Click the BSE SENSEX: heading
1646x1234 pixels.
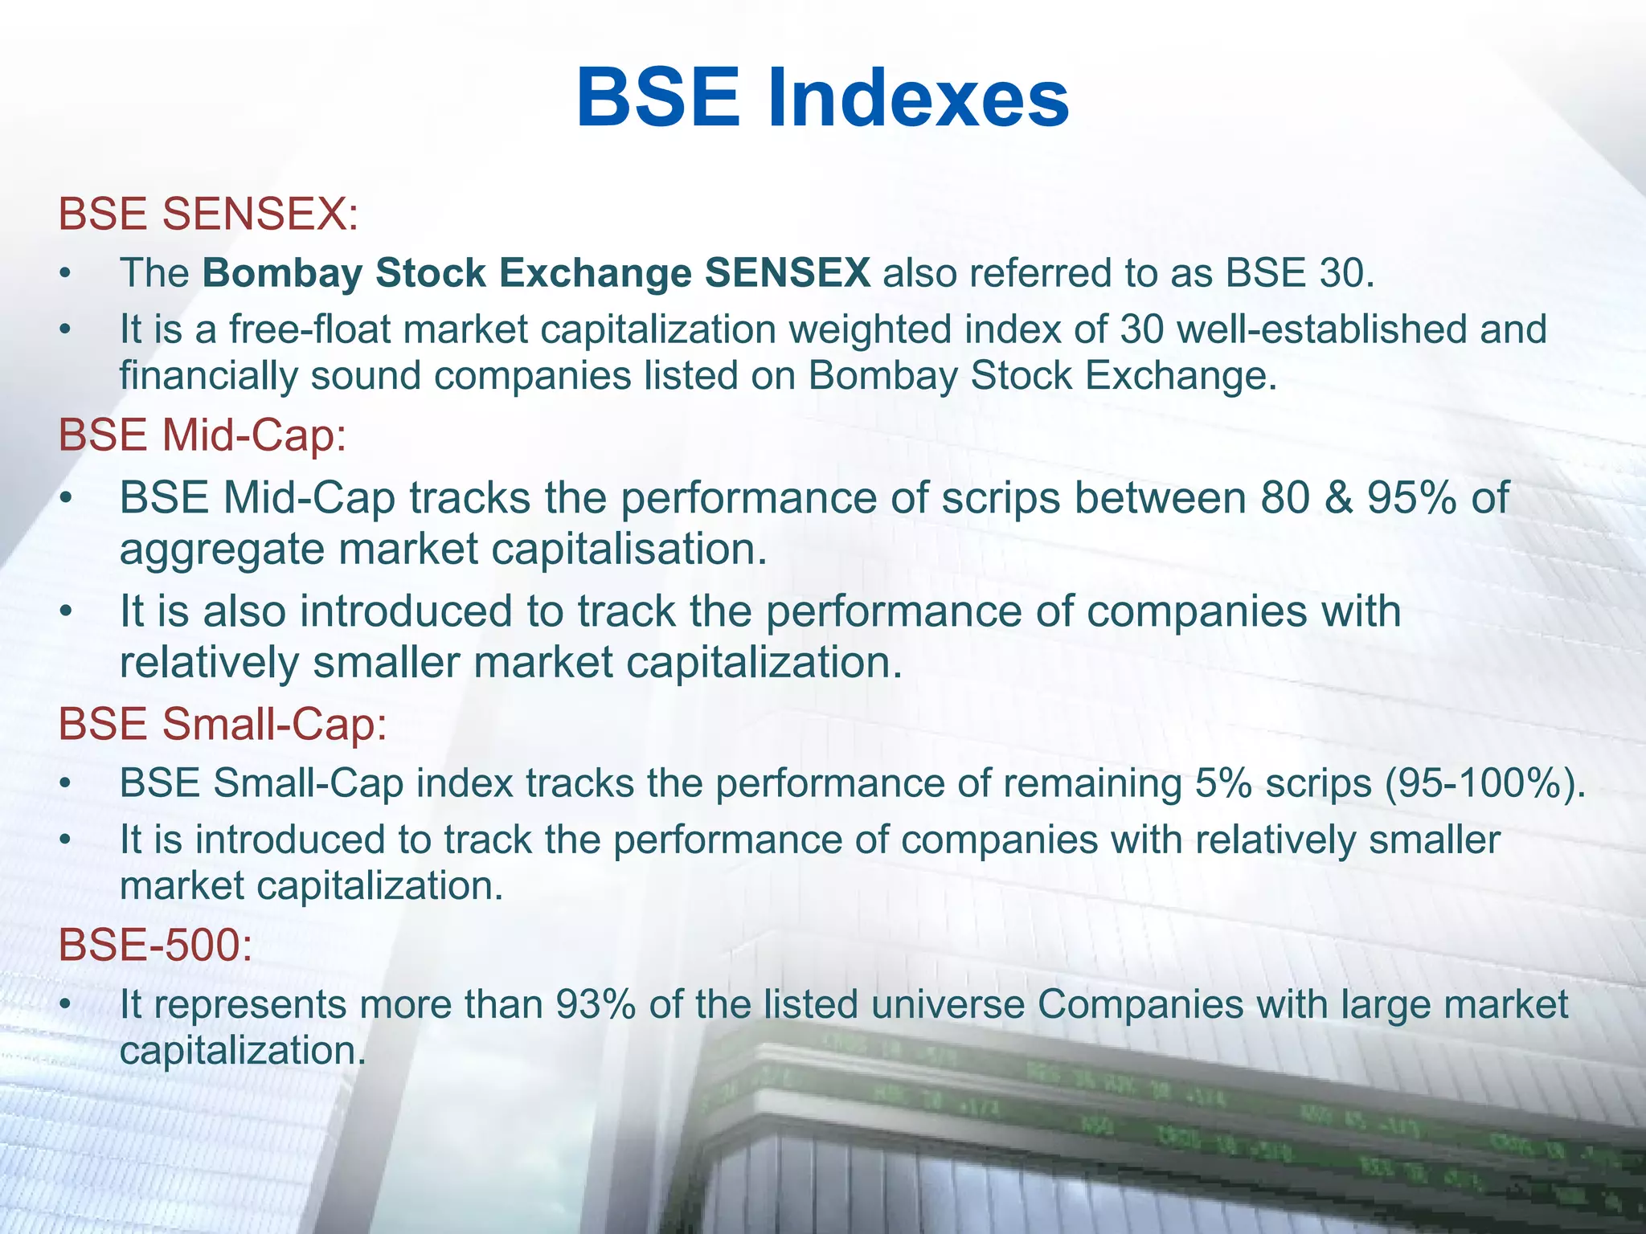[x=208, y=215]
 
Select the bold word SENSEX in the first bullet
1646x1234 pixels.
[x=787, y=273]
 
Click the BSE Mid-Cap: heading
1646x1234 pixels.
[x=202, y=436]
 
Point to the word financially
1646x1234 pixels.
[x=208, y=377]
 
